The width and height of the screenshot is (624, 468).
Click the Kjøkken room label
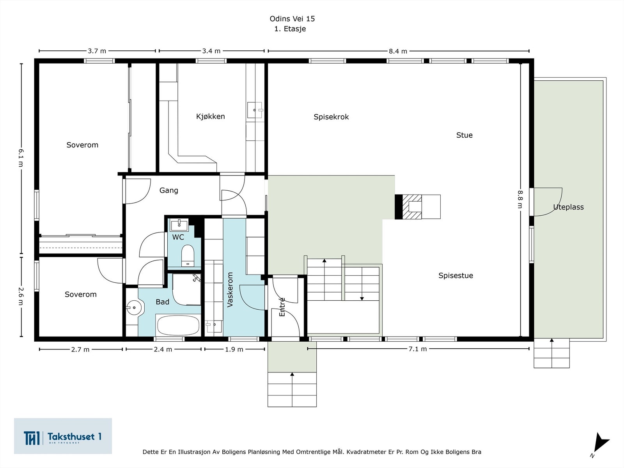pyautogui.click(x=210, y=116)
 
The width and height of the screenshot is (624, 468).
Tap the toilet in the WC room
pyautogui.click(x=188, y=255)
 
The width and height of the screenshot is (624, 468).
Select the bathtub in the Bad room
pyautogui.click(x=177, y=325)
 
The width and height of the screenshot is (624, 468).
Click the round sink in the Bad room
pyautogui.click(x=134, y=308)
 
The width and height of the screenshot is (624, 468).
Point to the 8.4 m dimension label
pyautogui.click(x=398, y=51)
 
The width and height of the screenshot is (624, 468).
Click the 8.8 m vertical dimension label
pyautogui.click(x=520, y=199)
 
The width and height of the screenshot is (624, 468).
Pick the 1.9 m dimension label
pyautogui.click(x=234, y=349)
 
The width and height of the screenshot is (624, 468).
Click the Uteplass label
pyautogui.click(x=568, y=207)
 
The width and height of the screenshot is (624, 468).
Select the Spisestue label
pyautogui.click(x=456, y=275)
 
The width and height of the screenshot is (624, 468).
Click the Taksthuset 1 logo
pyautogui.click(x=63, y=436)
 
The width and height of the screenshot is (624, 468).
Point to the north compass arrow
pyautogui.click(x=600, y=444)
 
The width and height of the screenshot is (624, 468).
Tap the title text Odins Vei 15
pyautogui.click(x=292, y=19)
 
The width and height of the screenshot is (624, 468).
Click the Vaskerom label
pyautogui.click(x=230, y=290)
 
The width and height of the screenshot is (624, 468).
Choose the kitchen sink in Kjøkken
pyautogui.click(x=255, y=110)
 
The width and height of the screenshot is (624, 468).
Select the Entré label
pyautogui.click(x=282, y=307)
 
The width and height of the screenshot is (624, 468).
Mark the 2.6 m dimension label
pyautogui.click(x=21, y=297)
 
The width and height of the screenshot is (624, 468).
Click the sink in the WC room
pyautogui.click(x=179, y=225)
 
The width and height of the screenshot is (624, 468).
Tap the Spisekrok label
pyautogui.click(x=331, y=117)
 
